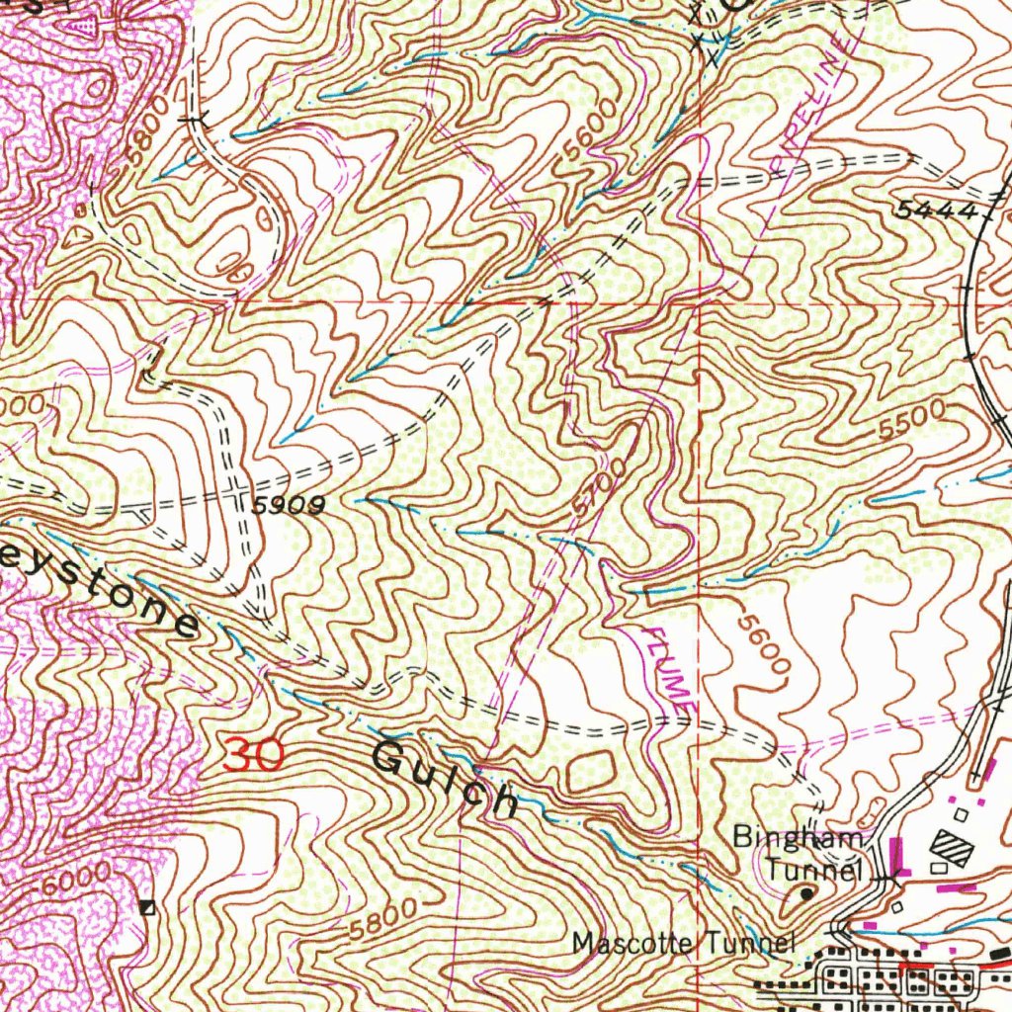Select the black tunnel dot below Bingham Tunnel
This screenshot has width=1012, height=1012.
[x=806, y=893]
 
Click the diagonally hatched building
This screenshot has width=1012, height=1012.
[x=953, y=848]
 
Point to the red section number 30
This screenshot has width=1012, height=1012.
[x=254, y=755]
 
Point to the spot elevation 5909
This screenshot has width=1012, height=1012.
[x=289, y=506]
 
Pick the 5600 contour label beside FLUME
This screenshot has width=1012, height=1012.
[x=764, y=646]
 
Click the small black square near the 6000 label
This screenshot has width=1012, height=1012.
[x=148, y=908]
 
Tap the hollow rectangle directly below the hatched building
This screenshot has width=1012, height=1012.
[x=940, y=868]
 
